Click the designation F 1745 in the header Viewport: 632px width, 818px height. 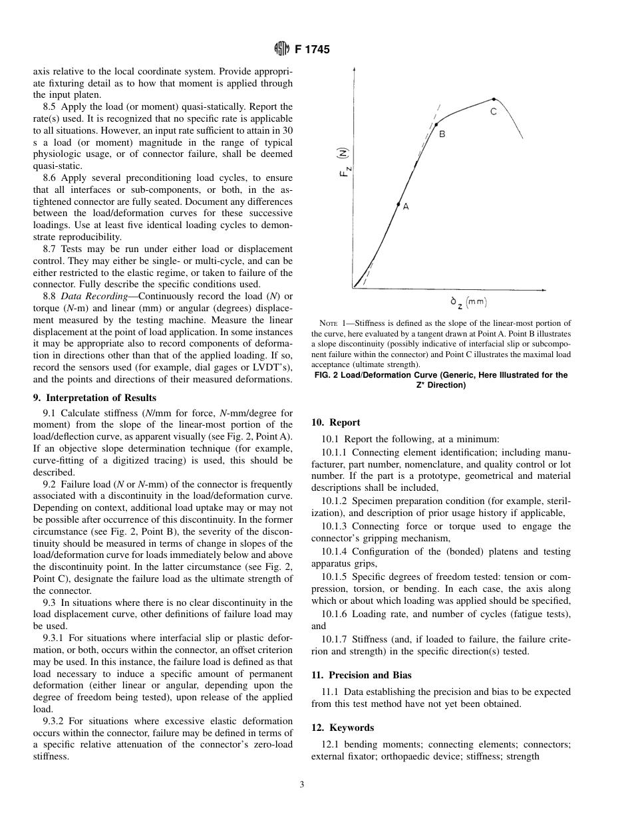click(311, 49)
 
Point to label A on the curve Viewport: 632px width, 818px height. click(406, 207)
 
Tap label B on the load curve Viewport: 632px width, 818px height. click(442, 134)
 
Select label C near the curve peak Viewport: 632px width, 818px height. click(494, 112)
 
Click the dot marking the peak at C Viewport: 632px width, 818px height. click(493, 99)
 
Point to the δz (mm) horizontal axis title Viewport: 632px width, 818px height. click(468, 302)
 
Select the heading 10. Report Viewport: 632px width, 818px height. click(335, 422)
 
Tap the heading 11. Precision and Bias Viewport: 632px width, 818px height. click(361, 675)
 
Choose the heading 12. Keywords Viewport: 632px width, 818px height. click(343, 728)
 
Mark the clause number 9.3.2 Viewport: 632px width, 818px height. click(56, 721)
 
